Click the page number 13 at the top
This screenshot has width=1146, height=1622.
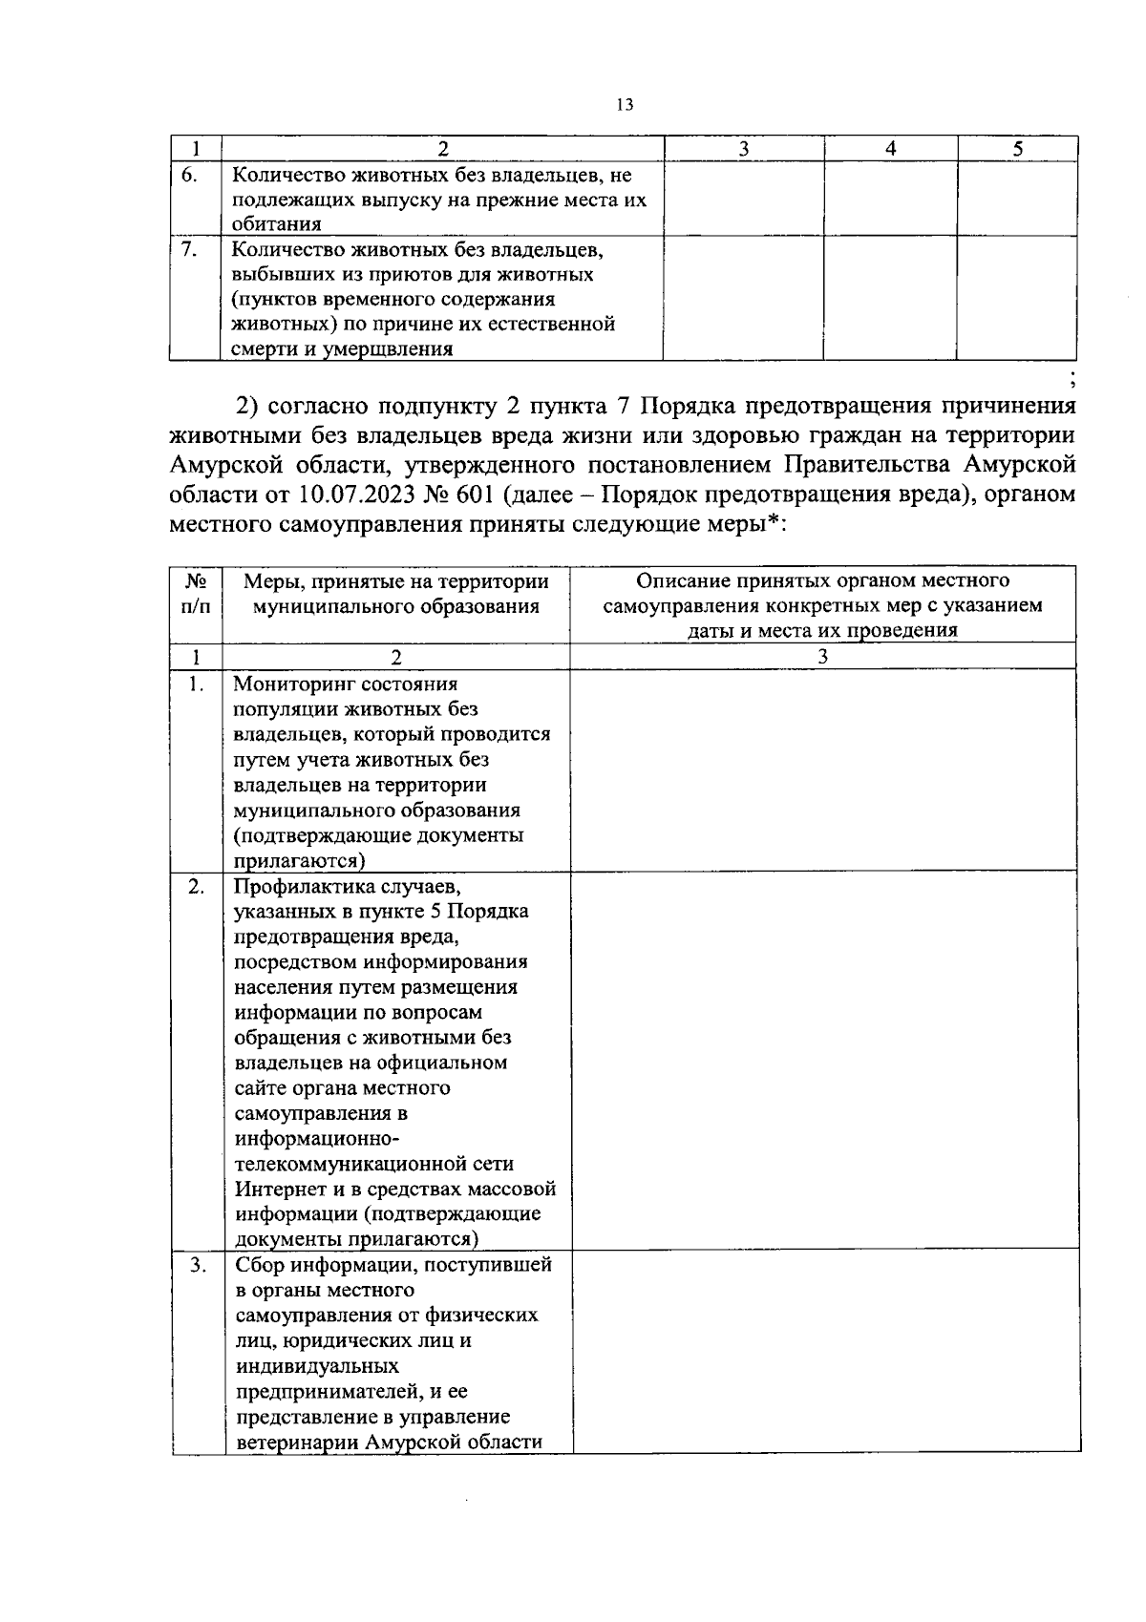[x=625, y=105]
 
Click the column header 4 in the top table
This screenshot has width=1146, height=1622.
[x=890, y=148]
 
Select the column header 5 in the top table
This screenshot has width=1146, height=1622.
[x=1017, y=148]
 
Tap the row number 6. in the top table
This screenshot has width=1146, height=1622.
[x=189, y=176]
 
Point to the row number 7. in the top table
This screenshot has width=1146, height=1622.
[x=189, y=249]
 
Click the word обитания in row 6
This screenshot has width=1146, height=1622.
[x=276, y=224]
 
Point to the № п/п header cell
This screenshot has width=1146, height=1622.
[x=196, y=594]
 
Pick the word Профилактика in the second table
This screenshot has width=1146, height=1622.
[x=302, y=886]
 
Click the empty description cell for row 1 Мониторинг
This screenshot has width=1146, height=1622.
[x=822, y=769]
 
